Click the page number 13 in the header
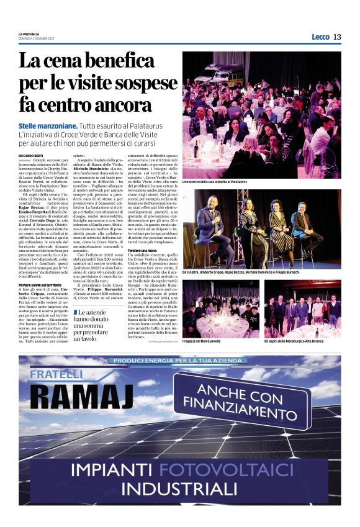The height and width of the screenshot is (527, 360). coord(337,37)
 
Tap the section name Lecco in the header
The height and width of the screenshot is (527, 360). coord(320,37)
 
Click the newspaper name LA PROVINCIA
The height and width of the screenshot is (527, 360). coord(29,34)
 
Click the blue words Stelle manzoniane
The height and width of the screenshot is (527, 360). coord(47,126)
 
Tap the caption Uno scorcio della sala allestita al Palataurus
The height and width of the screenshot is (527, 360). coord(214,182)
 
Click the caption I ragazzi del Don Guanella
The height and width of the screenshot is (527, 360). coord(205,342)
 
